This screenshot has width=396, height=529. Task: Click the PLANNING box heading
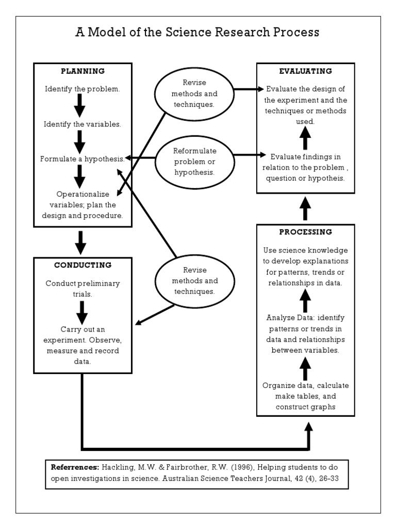point(82,71)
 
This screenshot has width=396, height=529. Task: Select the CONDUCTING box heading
point(82,265)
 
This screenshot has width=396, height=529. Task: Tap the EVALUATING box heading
point(305,71)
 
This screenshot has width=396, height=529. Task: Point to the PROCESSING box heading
point(305,231)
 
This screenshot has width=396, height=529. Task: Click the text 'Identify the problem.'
point(82,89)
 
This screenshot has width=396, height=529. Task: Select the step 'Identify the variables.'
point(82,125)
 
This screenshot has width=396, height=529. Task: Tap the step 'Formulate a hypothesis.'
point(82,159)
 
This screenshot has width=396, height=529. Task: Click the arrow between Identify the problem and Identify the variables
point(80,106)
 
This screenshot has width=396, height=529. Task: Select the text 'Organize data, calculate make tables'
point(305,391)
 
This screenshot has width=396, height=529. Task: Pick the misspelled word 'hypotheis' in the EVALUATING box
point(327,178)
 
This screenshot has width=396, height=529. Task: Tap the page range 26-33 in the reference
point(326,478)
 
